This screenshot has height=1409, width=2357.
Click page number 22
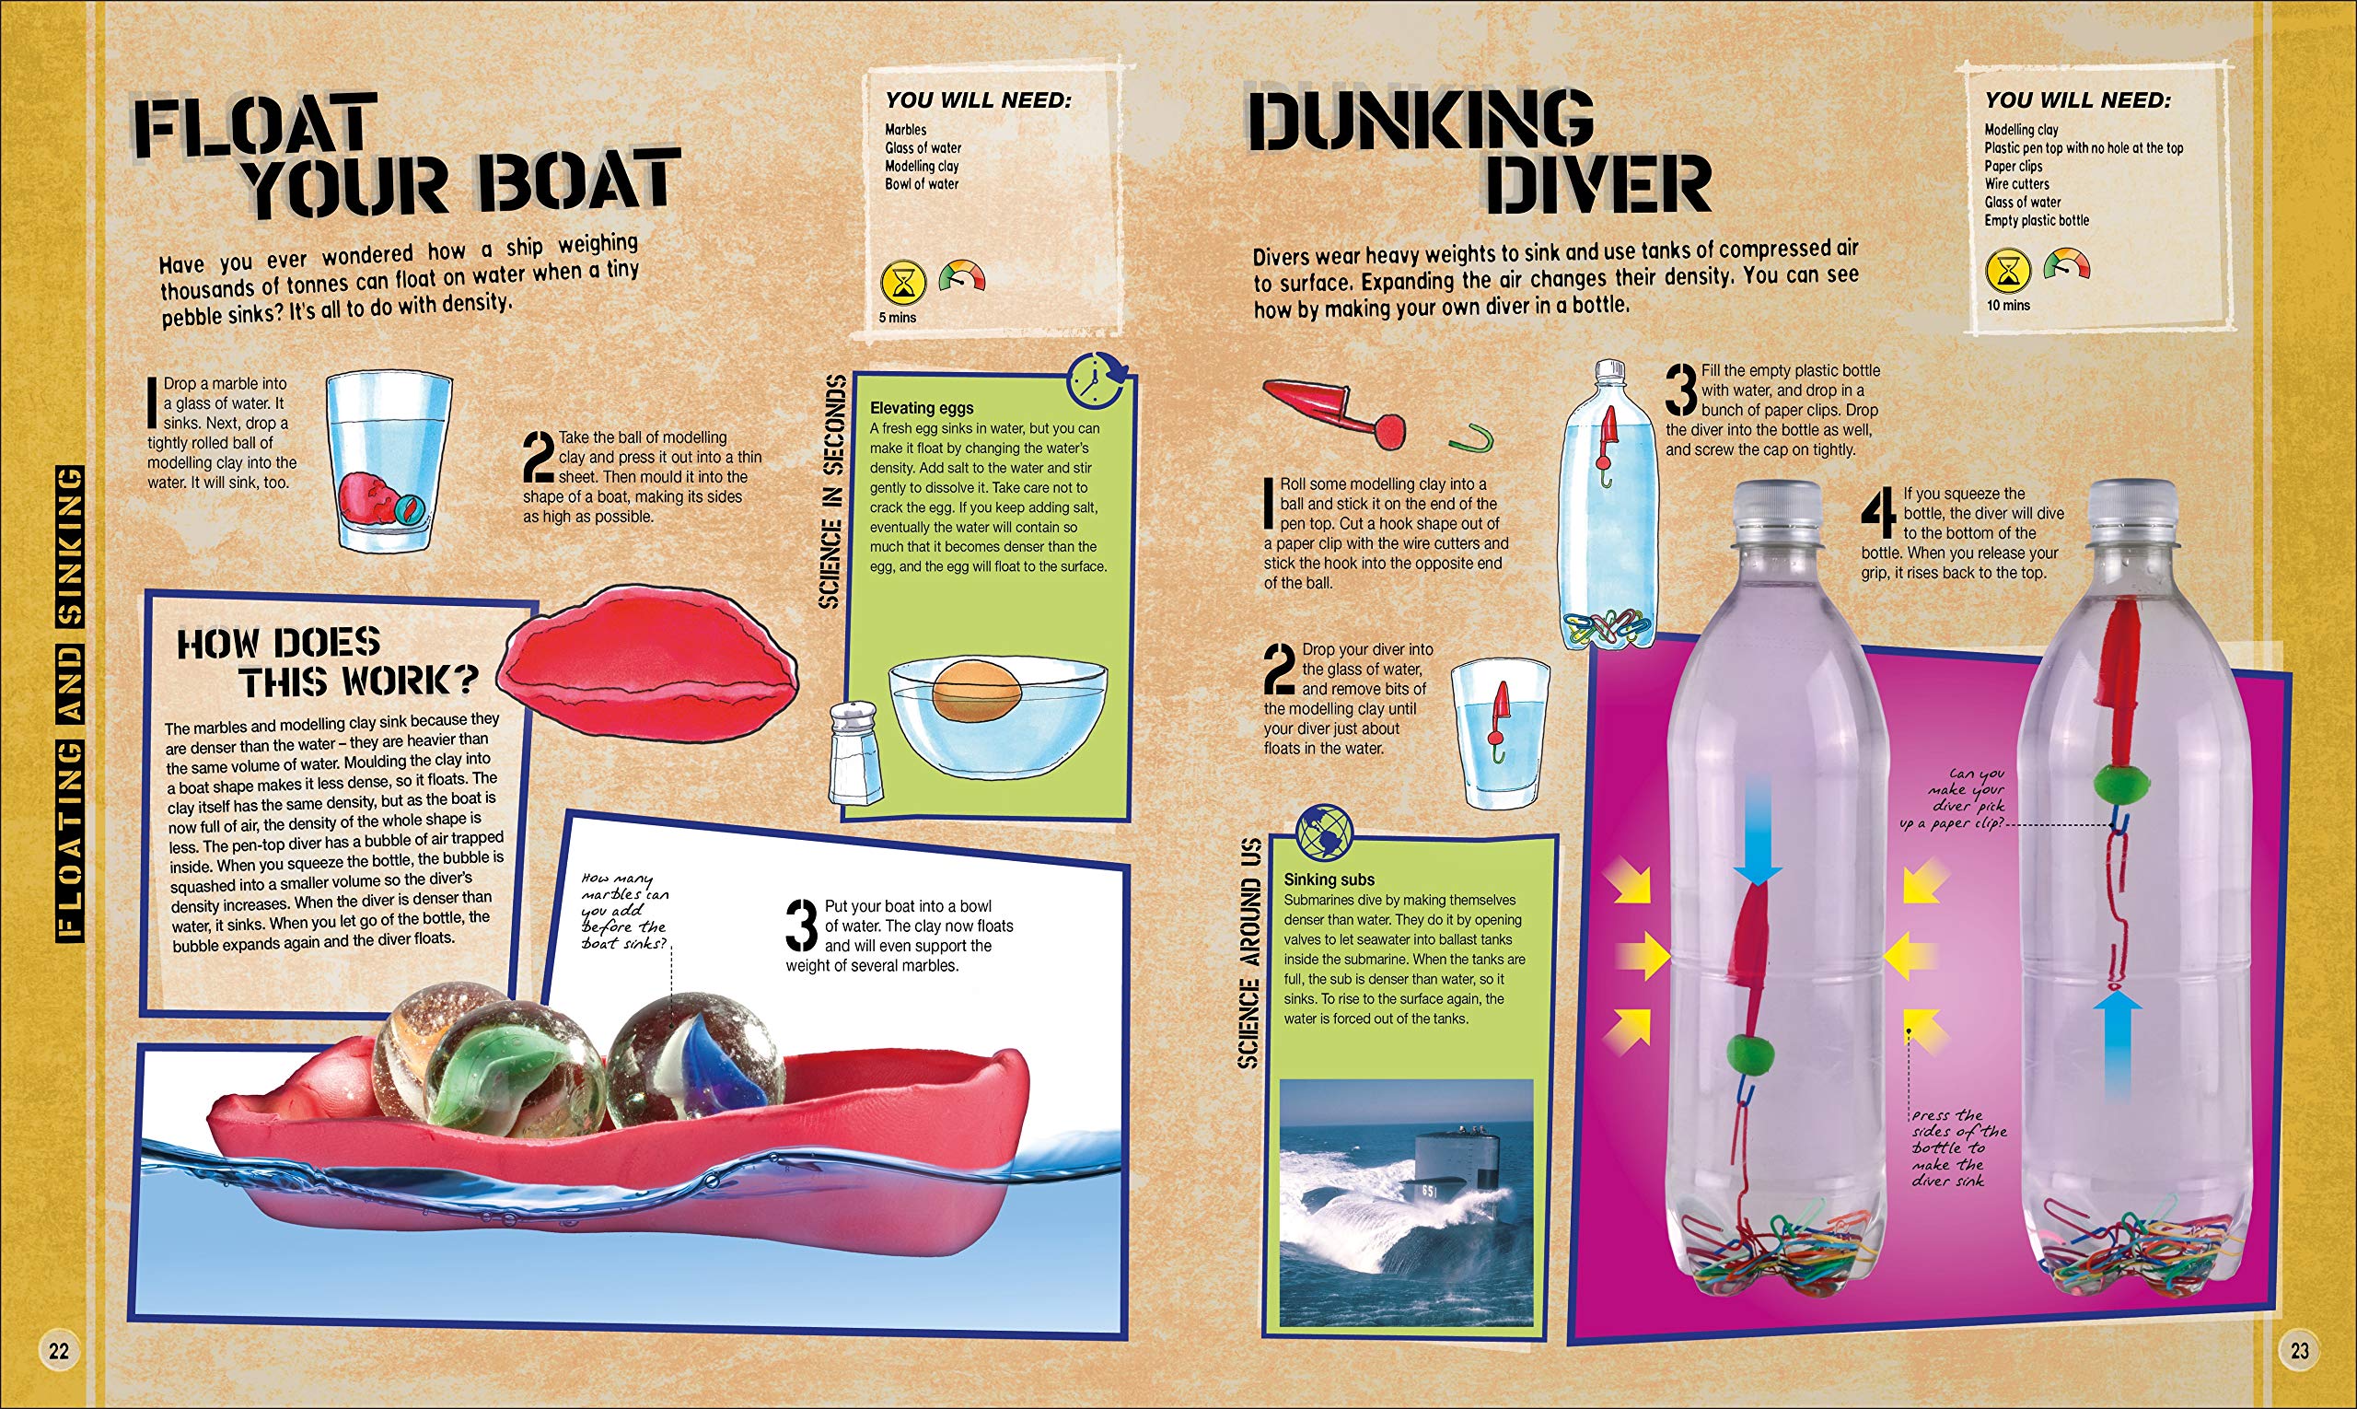59,1350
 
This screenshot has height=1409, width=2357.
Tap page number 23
2299,1350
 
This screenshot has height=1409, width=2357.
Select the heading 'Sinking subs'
1329,880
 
